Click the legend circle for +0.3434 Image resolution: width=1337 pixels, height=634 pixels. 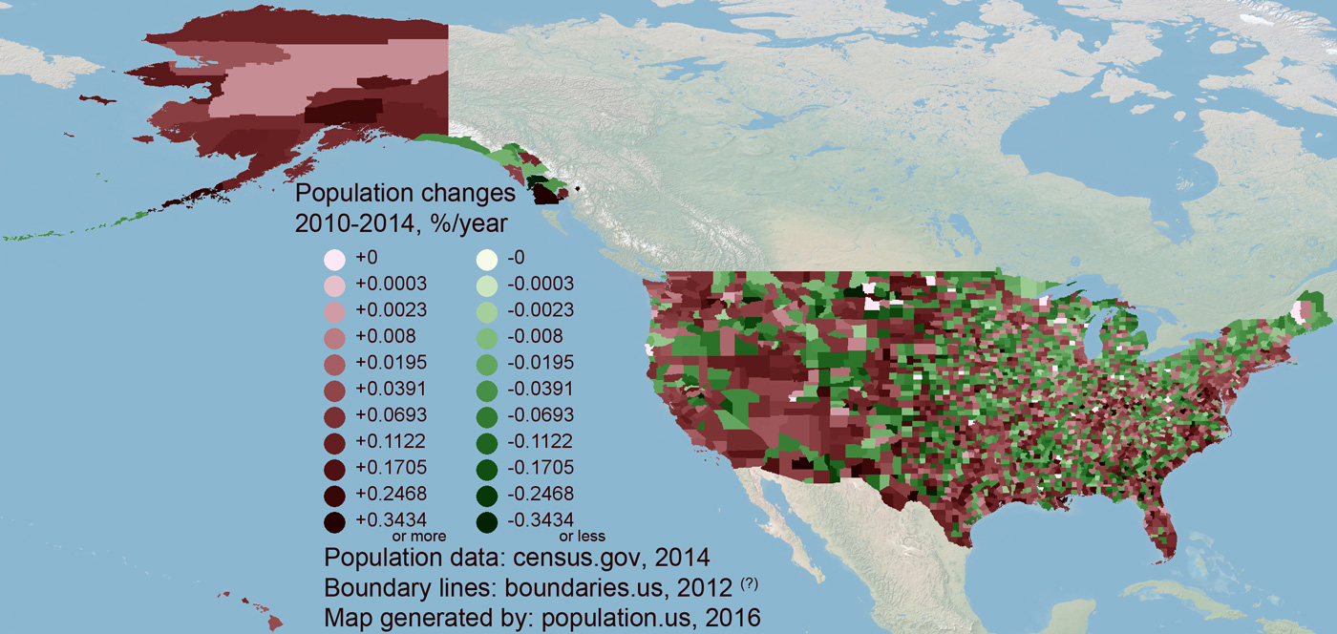click(x=334, y=521)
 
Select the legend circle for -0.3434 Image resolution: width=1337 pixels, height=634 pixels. click(x=487, y=521)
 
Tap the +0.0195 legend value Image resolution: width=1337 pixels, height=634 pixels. click(x=391, y=363)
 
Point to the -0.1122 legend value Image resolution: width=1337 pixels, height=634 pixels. click(x=543, y=441)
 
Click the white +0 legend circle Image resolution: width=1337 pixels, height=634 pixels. click(x=334, y=259)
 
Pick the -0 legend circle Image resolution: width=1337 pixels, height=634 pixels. click(x=487, y=259)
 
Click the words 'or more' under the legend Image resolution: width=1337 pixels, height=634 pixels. click(x=413, y=537)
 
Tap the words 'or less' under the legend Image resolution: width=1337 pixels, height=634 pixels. click(x=583, y=537)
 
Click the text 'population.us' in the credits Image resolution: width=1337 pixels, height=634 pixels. click(x=591, y=617)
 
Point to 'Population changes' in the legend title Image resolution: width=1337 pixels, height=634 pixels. click(x=405, y=194)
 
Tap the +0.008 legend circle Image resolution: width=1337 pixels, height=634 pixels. click(x=334, y=337)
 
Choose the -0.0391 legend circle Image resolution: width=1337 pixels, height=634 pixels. click(x=487, y=390)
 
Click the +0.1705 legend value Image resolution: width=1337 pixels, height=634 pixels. click(x=391, y=468)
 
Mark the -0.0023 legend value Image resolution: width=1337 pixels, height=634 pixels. click(x=543, y=310)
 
